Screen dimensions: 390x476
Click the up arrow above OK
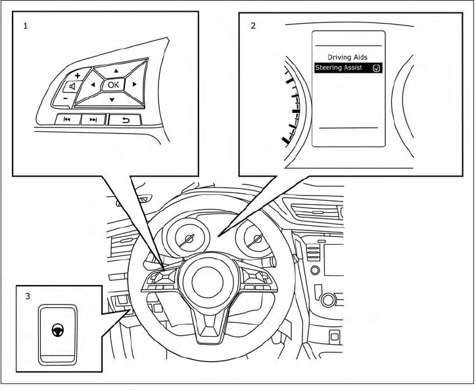[x=116, y=70]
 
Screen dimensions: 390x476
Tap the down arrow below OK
[x=112, y=99]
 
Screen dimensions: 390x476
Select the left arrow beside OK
[x=93, y=85]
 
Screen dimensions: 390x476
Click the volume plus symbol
[x=77, y=76]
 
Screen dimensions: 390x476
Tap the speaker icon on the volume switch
[x=72, y=87]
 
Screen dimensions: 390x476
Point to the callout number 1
[x=25, y=28]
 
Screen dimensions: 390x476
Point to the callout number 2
[x=253, y=28]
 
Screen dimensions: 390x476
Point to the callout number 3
[x=27, y=297]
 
